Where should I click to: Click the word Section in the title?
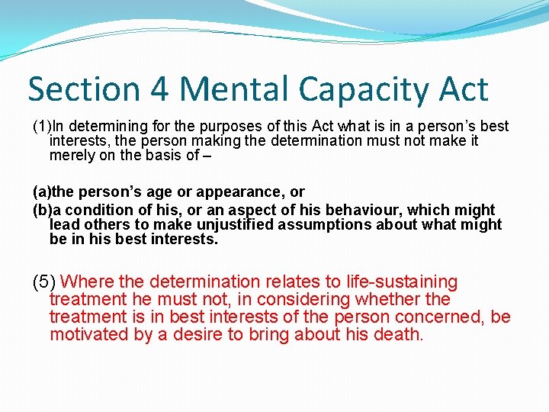point(82,90)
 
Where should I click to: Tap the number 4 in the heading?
point(160,90)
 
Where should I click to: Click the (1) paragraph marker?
point(41,126)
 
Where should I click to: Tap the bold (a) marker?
point(42,192)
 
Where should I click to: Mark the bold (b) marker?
point(42,210)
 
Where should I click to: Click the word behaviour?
point(365,210)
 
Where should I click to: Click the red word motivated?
point(89,334)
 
